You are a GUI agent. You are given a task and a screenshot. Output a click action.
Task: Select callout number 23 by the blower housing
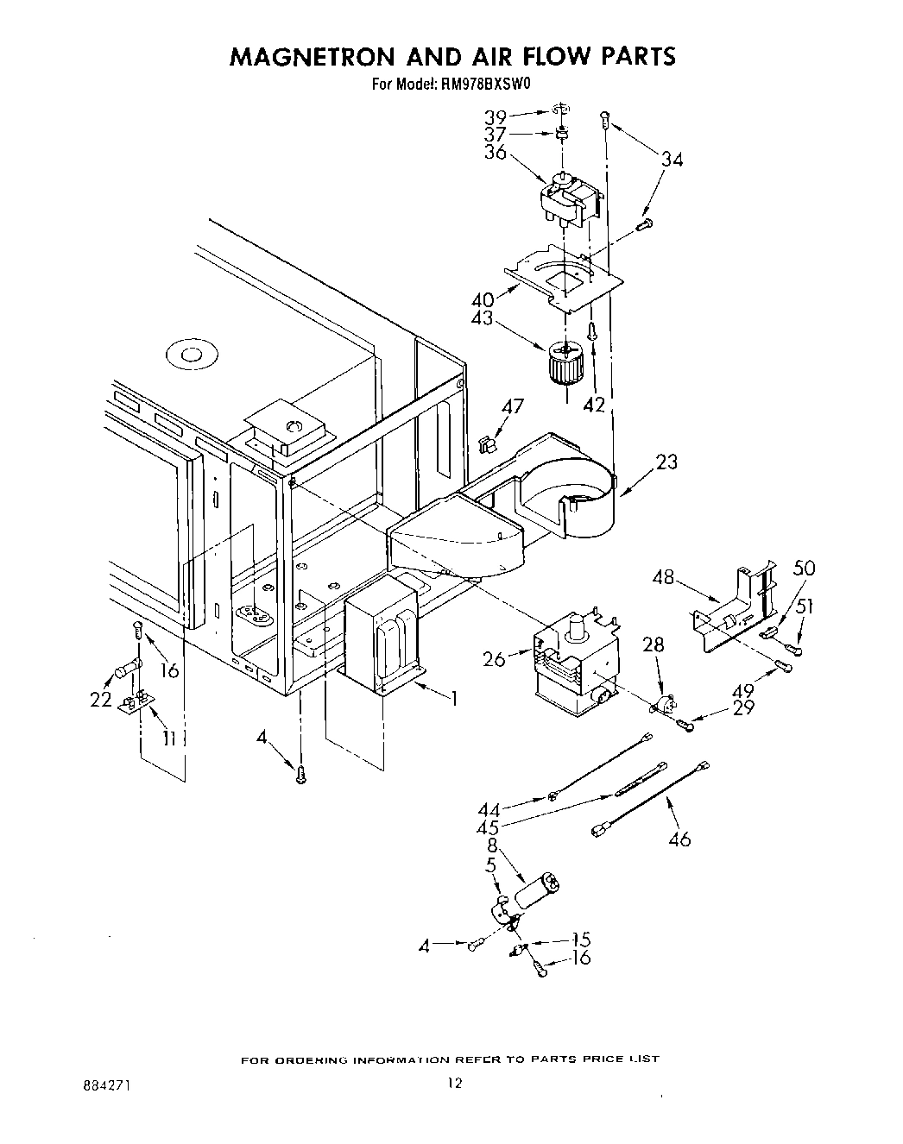click(x=666, y=462)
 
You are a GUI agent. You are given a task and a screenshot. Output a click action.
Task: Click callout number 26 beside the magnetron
click(x=495, y=660)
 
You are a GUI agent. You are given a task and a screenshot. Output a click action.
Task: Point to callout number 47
click(x=513, y=406)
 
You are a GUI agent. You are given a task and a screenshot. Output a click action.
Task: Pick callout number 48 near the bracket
click(x=663, y=576)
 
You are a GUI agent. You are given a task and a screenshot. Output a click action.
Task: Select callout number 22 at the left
click(x=102, y=700)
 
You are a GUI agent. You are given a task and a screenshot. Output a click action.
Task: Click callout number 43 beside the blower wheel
click(x=482, y=318)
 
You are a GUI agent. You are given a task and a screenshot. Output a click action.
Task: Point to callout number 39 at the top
click(x=495, y=116)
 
